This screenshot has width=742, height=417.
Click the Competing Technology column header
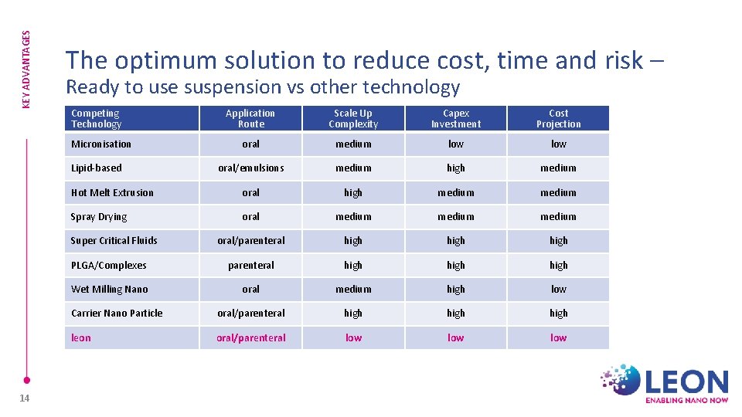(x=97, y=118)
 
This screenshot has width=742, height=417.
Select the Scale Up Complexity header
(x=353, y=118)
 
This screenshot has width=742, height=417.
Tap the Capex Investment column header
(x=456, y=118)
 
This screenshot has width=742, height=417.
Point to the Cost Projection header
(x=558, y=118)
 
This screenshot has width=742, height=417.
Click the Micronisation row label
(x=101, y=144)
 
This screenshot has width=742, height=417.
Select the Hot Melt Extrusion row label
(x=112, y=192)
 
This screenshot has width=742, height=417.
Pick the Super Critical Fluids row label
(x=114, y=241)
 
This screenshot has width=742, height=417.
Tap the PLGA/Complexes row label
(x=109, y=265)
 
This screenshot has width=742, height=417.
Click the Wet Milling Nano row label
(x=109, y=290)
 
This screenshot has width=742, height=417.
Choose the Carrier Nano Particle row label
(x=117, y=314)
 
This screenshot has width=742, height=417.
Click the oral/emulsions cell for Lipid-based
(x=250, y=168)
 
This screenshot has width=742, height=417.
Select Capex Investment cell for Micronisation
(x=456, y=144)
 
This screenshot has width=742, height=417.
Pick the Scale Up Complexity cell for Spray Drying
(x=353, y=217)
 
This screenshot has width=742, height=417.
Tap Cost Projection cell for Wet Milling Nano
(x=558, y=290)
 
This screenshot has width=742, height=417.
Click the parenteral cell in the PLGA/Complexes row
(x=250, y=265)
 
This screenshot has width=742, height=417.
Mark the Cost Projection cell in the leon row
(x=558, y=337)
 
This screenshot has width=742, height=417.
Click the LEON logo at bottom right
(x=665, y=384)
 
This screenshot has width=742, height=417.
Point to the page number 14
(x=26, y=398)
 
